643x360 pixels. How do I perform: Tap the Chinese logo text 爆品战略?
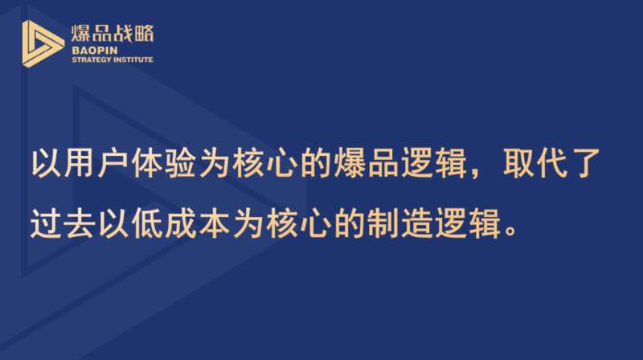click(113, 33)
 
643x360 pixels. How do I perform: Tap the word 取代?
click(536, 163)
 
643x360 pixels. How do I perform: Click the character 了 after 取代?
click(586, 163)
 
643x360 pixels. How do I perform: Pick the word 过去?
click(63, 223)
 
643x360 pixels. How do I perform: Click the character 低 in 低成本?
click(147, 223)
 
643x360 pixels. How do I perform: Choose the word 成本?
click(197, 223)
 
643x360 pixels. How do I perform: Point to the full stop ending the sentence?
click(510, 231)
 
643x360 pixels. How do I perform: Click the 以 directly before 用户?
click(47, 163)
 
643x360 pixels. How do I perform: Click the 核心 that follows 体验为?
click(264, 163)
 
